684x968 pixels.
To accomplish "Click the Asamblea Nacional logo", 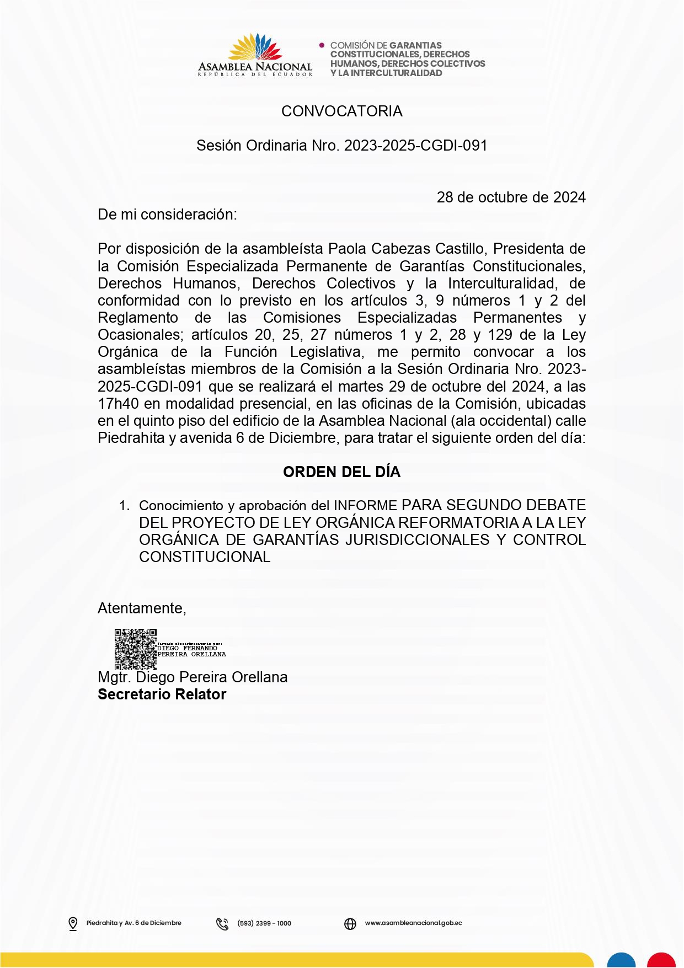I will coord(255,55).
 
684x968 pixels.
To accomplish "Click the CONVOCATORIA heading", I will coord(341,111).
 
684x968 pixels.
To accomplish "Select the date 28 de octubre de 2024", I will coord(511,197).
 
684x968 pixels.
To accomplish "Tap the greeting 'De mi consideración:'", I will coord(167,215).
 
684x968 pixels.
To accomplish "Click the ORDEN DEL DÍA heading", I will coord(341,472).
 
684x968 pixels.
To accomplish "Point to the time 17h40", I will coord(118,404).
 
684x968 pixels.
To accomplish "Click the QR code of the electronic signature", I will coord(136,649).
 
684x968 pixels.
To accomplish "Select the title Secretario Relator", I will coord(162,694).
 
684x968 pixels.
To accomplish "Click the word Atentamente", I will coord(141,608).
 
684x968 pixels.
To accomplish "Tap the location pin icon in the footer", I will coord(73,923).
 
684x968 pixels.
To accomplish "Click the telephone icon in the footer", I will coord(222,923).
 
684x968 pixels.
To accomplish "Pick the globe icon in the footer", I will coord(350,923).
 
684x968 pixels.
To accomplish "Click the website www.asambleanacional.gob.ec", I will coord(413,923).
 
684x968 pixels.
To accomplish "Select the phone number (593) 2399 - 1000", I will coord(264,923).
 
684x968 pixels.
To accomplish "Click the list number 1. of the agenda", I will coord(125,506).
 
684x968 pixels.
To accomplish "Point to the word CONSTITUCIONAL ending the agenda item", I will coord(205,557).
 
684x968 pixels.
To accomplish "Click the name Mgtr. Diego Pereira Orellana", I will coord(193,677).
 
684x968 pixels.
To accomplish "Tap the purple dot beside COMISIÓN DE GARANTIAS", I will coord(322,45).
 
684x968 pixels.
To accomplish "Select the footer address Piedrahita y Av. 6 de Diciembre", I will coord(133,923).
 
